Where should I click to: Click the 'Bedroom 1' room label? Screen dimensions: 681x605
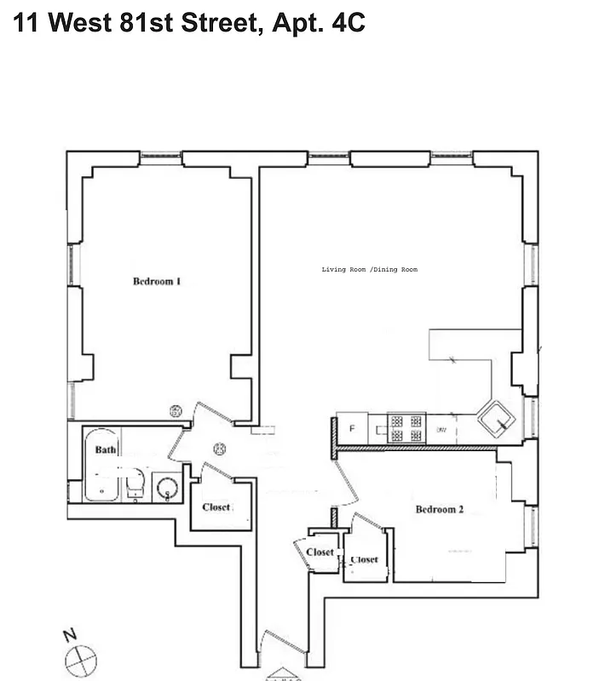pyautogui.click(x=156, y=282)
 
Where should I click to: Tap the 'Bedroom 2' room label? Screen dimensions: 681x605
pyautogui.click(x=439, y=510)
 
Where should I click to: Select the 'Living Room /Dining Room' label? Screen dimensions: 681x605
pyautogui.click(x=370, y=270)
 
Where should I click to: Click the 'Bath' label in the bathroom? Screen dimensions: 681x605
pyautogui.click(x=105, y=449)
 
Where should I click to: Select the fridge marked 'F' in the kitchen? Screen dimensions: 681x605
pyautogui.click(x=350, y=427)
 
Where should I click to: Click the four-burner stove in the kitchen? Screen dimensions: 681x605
pyautogui.click(x=406, y=428)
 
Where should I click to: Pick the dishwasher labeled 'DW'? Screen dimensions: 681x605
pyautogui.click(x=441, y=430)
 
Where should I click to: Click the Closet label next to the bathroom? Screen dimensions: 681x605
pyautogui.click(x=216, y=507)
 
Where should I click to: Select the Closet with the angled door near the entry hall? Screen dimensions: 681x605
pyautogui.click(x=320, y=552)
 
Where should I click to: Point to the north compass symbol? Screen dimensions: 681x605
pyautogui.click(x=82, y=659)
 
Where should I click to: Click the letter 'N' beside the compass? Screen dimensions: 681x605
pyautogui.click(x=69, y=636)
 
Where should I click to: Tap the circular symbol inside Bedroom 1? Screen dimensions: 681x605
pyautogui.click(x=176, y=412)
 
